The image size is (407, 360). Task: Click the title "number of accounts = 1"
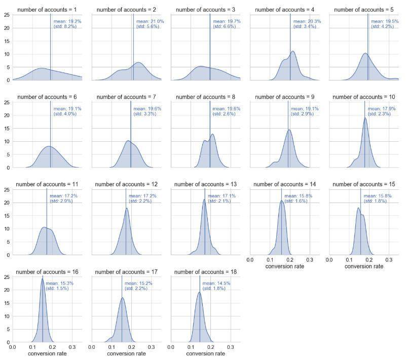click(47, 10)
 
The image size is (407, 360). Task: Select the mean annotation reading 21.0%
click(150, 21)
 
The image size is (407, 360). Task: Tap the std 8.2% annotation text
click(65, 26)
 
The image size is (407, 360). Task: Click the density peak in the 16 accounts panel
click(42, 279)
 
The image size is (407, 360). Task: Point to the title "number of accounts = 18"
click(206, 272)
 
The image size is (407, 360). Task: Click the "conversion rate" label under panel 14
click(285, 266)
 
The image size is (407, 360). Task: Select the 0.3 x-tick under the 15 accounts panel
click(389, 260)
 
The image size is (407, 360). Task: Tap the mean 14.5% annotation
click(216, 283)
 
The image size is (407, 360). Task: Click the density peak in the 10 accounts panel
click(365, 118)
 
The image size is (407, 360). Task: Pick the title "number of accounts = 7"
click(126, 97)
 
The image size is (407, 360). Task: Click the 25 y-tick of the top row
click(7, 15)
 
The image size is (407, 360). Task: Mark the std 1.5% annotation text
click(57, 289)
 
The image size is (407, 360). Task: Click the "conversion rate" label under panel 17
click(126, 354)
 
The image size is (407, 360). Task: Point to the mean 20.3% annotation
click(307, 21)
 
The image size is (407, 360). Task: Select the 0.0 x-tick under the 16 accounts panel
click(12, 347)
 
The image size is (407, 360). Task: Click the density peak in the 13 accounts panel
click(204, 199)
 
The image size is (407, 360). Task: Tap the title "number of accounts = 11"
click(47, 184)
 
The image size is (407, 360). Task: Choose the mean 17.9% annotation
click(382, 109)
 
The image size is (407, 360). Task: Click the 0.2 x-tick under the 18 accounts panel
click(211, 347)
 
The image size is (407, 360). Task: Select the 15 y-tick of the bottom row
click(7, 303)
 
